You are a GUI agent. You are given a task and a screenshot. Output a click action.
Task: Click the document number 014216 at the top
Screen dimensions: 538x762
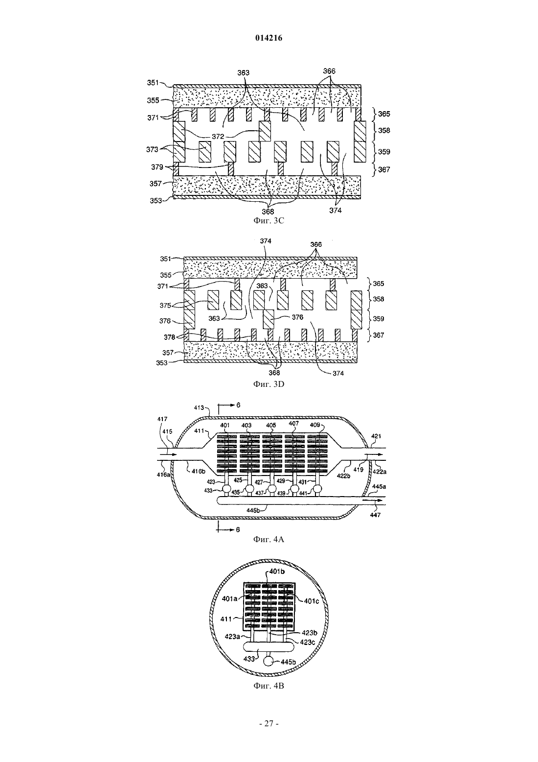pyautogui.click(x=269, y=38)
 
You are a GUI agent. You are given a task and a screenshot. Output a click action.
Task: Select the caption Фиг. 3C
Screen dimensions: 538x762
pyautogui.click(x=269, y=220)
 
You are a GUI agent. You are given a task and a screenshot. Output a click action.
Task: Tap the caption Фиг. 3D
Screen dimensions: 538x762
pyautogui.click(x=269, y=384)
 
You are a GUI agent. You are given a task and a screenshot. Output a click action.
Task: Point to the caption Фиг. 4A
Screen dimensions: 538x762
pyautogui.click(x=269, y=539)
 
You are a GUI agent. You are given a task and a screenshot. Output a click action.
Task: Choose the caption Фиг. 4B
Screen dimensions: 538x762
pyautogui.click(x=269, y=686)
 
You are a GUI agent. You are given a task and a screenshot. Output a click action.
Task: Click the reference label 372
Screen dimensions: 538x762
pyautogui.click(x=218, y=137)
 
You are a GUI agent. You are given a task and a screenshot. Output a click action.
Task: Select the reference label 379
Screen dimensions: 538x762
pyautogui.click(x=157, y=167)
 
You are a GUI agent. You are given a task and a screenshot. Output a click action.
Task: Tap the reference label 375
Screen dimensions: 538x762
pyautogui.click(x=165, y=305)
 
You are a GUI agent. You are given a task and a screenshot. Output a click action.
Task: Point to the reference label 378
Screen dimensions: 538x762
pyautogui.click(x=169, y=337)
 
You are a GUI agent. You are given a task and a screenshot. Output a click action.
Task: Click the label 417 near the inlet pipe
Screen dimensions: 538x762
pyautogui.click(x=162, y=419)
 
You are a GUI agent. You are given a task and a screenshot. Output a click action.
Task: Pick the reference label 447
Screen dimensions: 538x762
pyautogui.click(x=375, y=515)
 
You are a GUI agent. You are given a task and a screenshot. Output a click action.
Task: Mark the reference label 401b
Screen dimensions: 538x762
pyautogui.click(x=277, y=571)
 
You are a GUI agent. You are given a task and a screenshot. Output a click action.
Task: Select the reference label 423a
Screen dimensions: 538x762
pyautogui.click(x=232, y=636)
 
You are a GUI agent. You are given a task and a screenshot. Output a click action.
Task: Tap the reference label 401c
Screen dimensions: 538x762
pyautogui.click(x=312, y=601)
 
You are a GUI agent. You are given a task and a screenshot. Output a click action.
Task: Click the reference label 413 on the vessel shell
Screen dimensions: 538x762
pyautogui.click(x=199, y=407)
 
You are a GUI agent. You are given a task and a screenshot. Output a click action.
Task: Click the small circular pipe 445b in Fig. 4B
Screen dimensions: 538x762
pyautogui.click(x=269, y=661)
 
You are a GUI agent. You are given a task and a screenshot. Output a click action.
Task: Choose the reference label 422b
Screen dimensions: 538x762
pyautogui.click(x=343, y=476)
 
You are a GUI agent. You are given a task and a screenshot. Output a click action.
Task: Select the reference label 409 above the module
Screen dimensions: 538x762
pyautogui.click(x=315, y=425)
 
